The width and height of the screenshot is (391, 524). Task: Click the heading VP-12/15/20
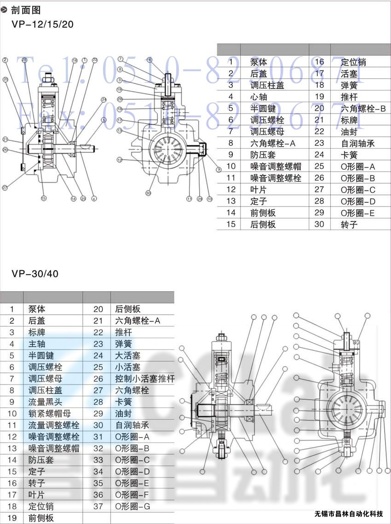pyautogui.click(x=42, y=24)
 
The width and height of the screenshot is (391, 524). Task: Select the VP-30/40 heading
pyautogui.click(x=35, y=274)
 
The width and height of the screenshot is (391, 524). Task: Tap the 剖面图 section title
pyautogui.click(x=26, y=10)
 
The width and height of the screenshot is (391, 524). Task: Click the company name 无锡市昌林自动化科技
pyautogui.click(x=349, y=514)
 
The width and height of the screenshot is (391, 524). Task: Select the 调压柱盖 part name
pyautogui.click(x=267, y=85)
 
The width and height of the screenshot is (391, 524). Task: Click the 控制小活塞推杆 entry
pyautogui.click(x=145, y=379)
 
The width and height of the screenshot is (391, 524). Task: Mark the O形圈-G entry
pyautogui.click(x=132, y=507)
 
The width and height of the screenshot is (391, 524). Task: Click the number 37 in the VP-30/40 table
pyautogui.click(x=98, y=507)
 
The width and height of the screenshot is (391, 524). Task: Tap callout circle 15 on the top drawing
pyautogui.click(x=44, y=199)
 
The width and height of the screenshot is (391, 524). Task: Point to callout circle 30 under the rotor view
pyautogui.click(x=148, y=193)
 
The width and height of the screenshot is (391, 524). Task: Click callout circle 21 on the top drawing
pyautogui.click(x=6, y=139)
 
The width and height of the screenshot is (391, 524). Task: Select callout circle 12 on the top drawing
pyautogui.click(x=119, y=160)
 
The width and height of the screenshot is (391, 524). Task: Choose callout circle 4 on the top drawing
pyautogui.click(x=94, y=199)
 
